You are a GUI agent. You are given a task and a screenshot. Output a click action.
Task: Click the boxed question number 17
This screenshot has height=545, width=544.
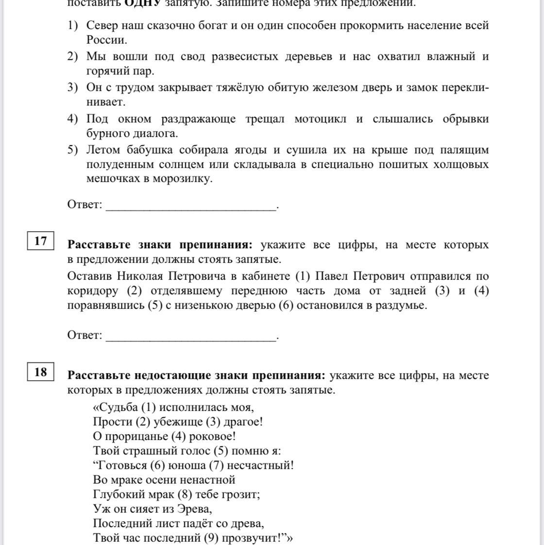click(41, 241)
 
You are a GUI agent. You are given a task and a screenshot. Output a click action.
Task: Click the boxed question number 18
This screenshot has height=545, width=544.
click(41, 372)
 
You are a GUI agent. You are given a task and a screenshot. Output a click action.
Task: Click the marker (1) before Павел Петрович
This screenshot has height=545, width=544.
click(303, 276)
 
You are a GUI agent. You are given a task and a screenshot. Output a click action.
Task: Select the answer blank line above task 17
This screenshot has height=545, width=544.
click(191, 209)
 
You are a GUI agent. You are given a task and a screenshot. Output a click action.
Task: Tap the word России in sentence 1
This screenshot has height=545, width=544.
click(106, 40)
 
